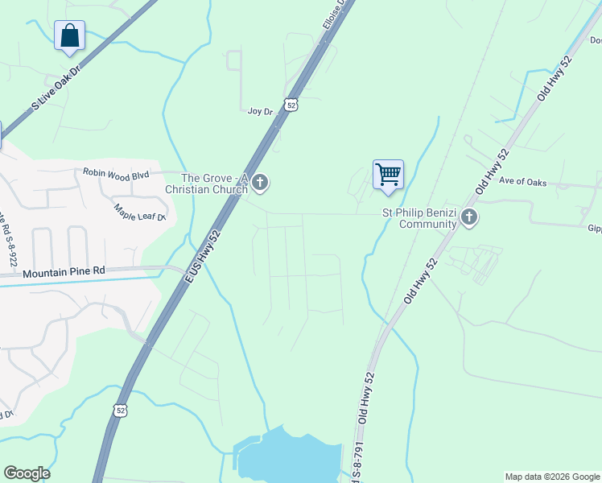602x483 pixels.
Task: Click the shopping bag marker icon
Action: [x=70, y=36]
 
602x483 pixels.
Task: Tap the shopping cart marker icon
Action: [x=388, y=174]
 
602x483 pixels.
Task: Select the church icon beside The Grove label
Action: [x=259, y=184]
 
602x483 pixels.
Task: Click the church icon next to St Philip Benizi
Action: [x=469, y=217]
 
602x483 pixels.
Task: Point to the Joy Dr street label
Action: [x=260, y=111]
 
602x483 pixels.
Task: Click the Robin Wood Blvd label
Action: [x=117, y=173]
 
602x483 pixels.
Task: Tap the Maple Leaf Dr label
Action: [x=140, y=213]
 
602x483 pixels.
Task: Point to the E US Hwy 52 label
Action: [x=203, y=254]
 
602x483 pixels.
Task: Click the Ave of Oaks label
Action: [x=522, y=182]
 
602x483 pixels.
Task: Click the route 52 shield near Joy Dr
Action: [x=291, y=105]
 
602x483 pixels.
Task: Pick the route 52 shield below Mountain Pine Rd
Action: [x=121, y=410]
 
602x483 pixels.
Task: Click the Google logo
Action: [x=27, y=473]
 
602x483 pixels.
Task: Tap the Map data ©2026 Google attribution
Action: [x=552, y=477]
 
